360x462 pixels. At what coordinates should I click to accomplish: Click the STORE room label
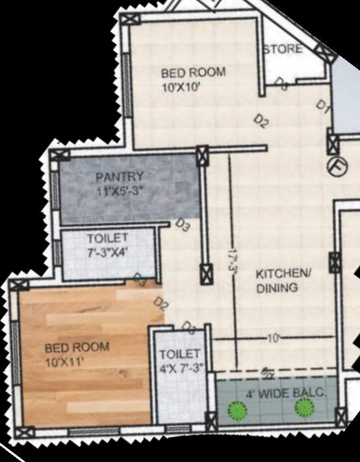[x=283, y=49]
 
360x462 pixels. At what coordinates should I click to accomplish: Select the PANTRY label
[x=120, y=177]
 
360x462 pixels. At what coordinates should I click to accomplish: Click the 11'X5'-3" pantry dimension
[x=119, y=191]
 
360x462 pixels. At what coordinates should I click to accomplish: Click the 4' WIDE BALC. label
[x=285, y=394]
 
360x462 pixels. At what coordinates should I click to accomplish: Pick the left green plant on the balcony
[x=237, y=410]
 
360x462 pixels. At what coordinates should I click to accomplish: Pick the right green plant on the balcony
[x=303, y=407]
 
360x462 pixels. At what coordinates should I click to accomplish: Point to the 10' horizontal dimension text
[x=274, y=339]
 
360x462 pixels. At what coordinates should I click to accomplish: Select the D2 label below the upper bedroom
[x=261, y=121]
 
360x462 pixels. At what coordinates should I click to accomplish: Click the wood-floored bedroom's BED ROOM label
[x=77, y=347]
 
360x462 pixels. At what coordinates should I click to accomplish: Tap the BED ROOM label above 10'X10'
[x=184, y=72]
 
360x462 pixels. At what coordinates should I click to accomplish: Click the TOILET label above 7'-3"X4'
[x=108, y=238]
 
